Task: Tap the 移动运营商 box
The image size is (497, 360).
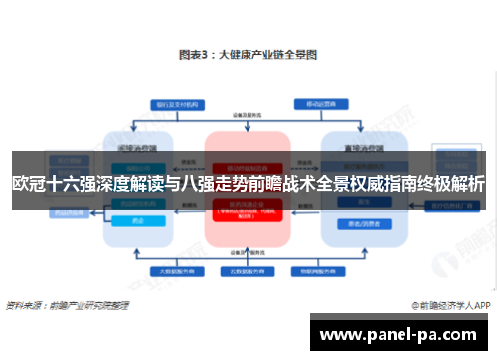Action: coord(319,103)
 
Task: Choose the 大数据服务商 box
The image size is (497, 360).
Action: coord(169,270)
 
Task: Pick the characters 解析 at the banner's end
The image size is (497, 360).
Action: coord(467,184)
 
